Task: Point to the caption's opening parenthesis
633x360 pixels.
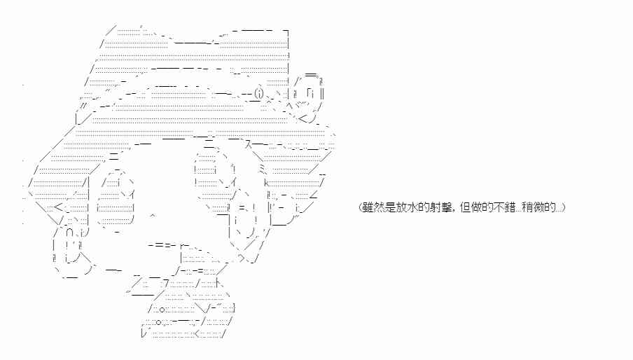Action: pos(359,208)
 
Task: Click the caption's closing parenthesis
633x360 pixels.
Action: pos(564,208)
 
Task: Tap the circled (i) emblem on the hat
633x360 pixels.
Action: pos(258,93)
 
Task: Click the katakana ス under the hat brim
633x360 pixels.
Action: pos(248,145)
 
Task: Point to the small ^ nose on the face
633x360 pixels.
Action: pos(153,216)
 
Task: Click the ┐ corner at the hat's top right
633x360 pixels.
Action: pos(287,34)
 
